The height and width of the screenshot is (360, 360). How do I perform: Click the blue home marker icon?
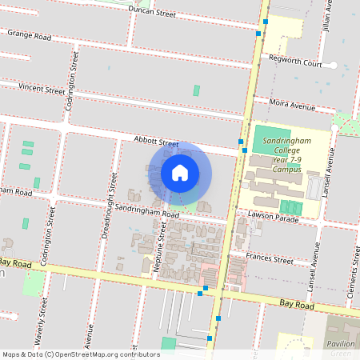pyautogui.click(x=180, y=173)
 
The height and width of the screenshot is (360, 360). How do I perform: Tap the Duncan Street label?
pyautogui.click(x=153, y=13)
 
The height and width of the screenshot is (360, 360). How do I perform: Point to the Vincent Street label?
pyautogui.click(x=42, y=89)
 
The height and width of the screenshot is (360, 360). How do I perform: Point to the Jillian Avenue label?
pyautogui.click(x=327, y=14)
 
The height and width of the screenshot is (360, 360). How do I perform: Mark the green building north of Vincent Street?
pyautogui.click(x=196, y=90)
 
